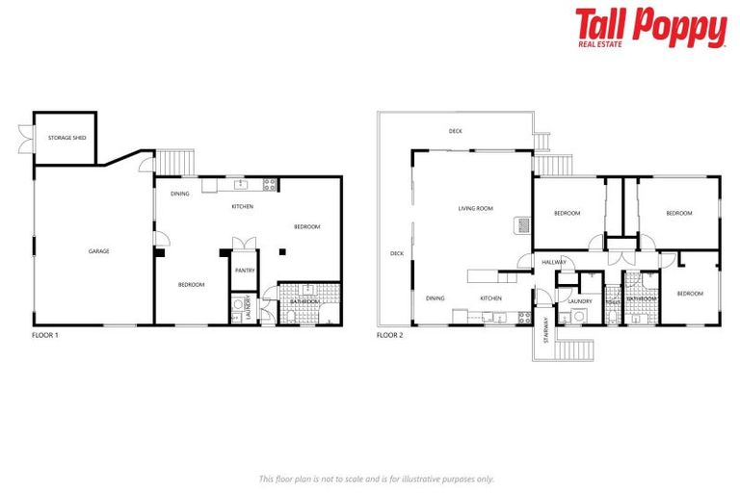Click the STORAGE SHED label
tap(67, 138)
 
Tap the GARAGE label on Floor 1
tap(98, 251)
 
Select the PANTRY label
tap(245, 271)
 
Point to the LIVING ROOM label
tap(475, 208)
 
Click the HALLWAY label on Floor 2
tap(554, 262)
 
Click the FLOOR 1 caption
tap(45, 335)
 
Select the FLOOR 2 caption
tap(389, 335)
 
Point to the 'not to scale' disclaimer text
tap(376, 479)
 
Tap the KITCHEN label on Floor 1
tap(242, 207)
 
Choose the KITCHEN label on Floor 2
tap(491, 298)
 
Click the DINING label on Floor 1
tap(180, 194)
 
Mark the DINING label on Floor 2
tap(436, 298)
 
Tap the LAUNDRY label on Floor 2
tap(579, 301)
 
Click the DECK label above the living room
tap(456, 131)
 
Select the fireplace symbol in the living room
tap(520, 224)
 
